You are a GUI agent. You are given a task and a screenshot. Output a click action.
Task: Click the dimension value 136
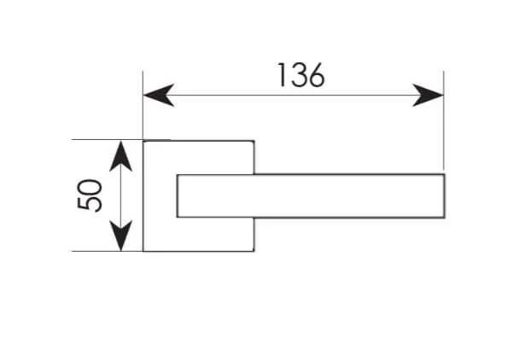click(300, 75)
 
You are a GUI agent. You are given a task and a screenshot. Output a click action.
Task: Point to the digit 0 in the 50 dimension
click(91, 186)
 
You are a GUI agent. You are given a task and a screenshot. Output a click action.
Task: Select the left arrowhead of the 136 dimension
click(158, 95)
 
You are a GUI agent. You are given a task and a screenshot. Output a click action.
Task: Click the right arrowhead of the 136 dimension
click(428, 95)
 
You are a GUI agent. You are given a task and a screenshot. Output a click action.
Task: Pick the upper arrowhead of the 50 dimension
click(121, 155)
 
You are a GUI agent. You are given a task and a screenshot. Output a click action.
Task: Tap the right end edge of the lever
click(445, 195)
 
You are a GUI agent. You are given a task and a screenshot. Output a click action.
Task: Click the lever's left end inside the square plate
click(177, 195)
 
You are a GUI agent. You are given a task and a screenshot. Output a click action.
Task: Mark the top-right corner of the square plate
click(253, 140)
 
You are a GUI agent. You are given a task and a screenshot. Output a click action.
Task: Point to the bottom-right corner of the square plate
click(253, 251)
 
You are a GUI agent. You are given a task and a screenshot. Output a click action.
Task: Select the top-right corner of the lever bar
click(445, 174)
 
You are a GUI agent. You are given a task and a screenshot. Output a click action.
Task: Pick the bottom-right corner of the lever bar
click(445, 216)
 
